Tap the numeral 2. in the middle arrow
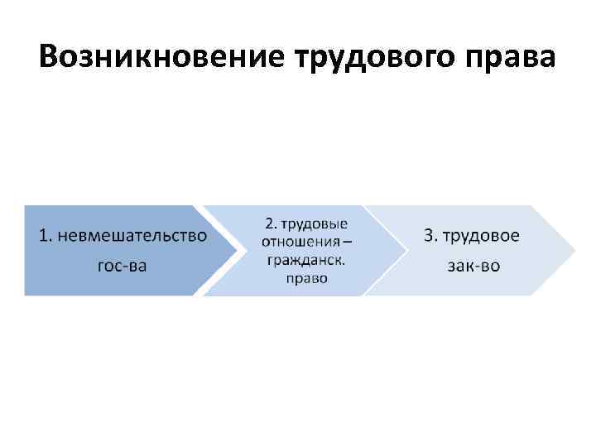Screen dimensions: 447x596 (x=271, y=224)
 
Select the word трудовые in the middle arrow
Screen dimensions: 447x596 (x=313, y=225)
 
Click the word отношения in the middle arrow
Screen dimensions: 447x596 (x=300, y=242)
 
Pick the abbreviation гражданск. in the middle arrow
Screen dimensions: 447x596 (x=305, y=260)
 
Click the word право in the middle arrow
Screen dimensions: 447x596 (x=306, y=278)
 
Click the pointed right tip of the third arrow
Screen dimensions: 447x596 (x=574, y=250)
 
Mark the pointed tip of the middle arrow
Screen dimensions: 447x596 (x=406, y=250)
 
